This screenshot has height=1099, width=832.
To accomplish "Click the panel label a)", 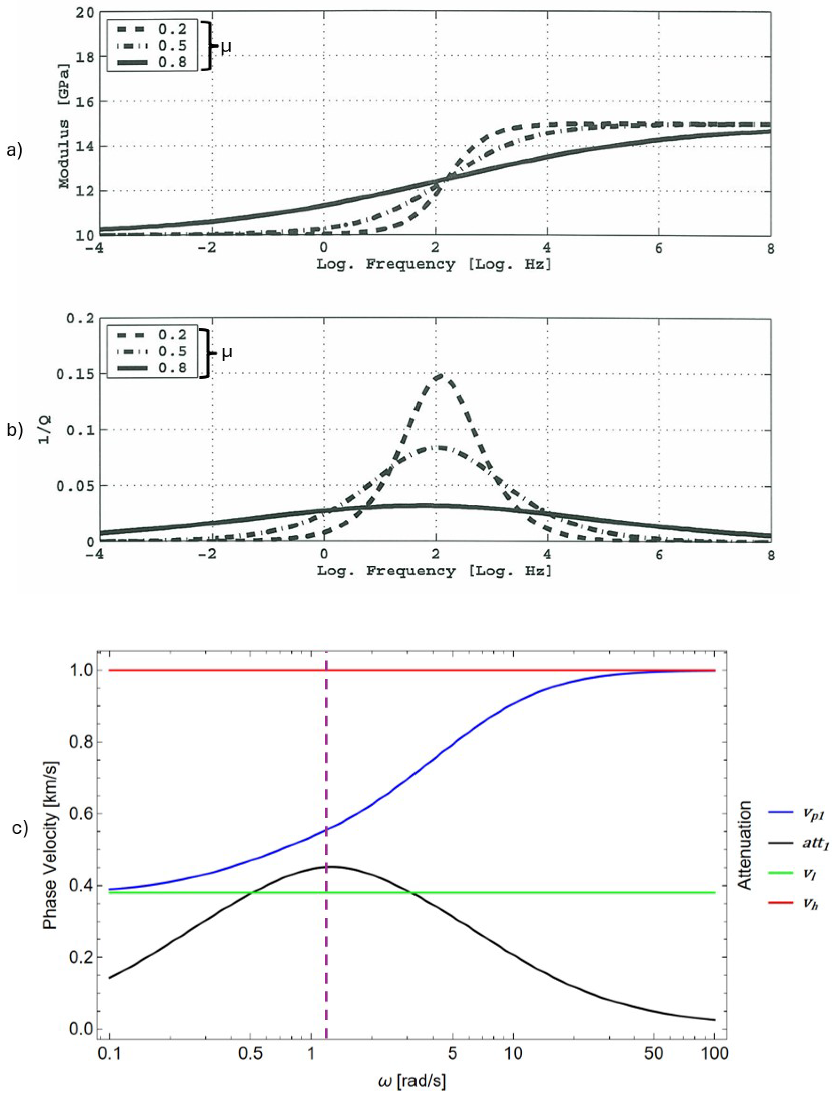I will [14, 150].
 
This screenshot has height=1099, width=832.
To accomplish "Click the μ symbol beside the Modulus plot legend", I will [226, 47].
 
